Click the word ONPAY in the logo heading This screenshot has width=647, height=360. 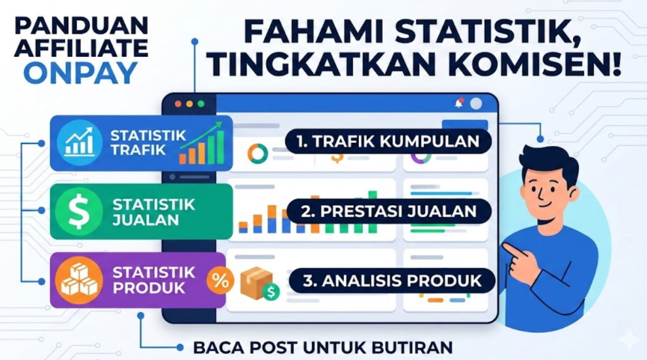(81, 73)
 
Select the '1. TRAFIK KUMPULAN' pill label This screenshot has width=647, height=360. (388, 141)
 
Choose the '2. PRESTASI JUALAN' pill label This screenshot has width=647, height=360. (389, 211)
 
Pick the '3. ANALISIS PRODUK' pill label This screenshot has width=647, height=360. (392, 281)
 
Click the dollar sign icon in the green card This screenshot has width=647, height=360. (79, 212)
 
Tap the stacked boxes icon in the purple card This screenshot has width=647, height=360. (79, 280)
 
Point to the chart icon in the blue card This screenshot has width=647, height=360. (79, 142)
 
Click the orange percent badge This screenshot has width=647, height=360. (221, 281)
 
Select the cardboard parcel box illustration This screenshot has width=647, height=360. (257, 283)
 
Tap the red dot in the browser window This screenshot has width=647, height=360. (178, 104)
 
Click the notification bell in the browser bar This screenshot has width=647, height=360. (459, 103)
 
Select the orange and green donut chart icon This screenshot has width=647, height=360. (258, 154)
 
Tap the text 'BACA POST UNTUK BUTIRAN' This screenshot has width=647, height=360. (323, 347)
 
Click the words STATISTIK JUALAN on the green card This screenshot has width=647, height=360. (154, 212)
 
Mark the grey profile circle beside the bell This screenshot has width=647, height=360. (476, 104)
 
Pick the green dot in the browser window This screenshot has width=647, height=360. (201, 104)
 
